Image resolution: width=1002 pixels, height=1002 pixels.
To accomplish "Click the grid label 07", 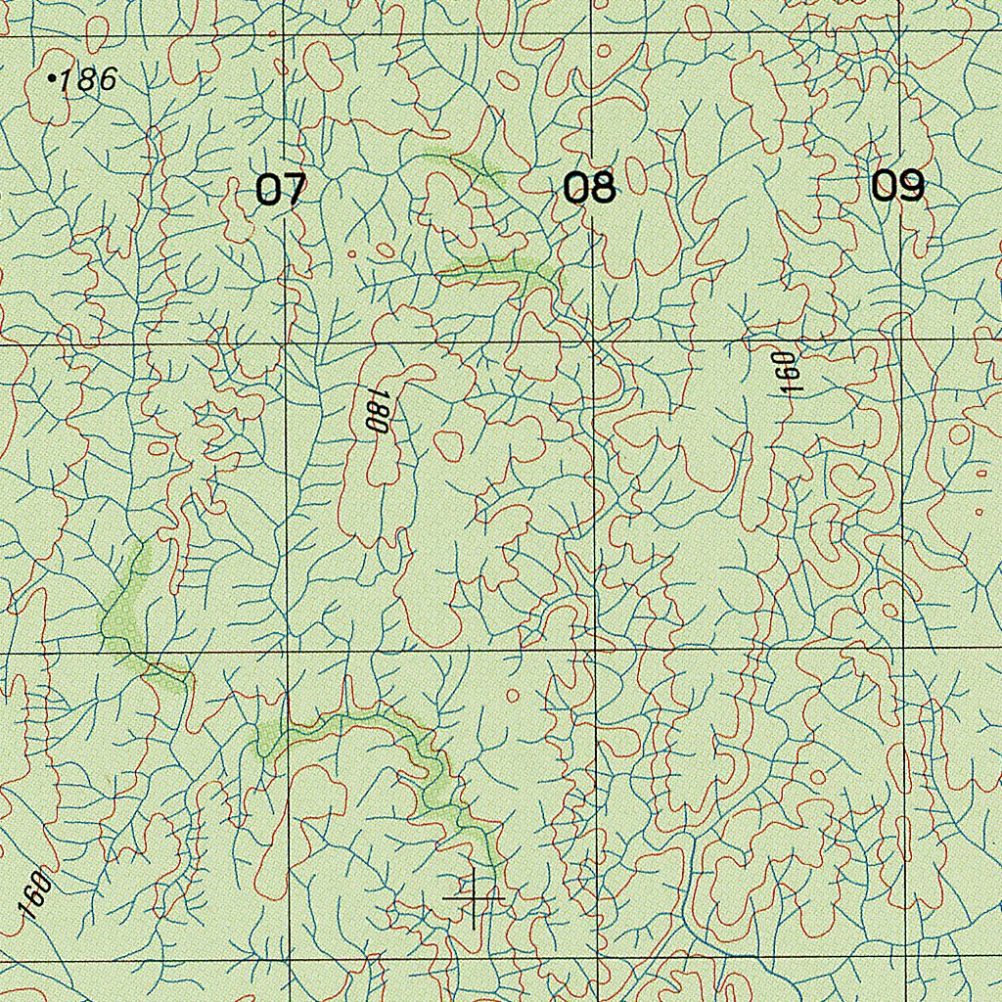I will click(x=281, y=189).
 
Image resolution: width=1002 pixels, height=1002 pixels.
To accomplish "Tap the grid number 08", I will click(x=590, y=187).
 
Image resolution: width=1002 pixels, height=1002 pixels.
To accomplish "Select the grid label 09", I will click(x=897, y=185).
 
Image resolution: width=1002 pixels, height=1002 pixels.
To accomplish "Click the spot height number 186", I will click(x=88, y=79).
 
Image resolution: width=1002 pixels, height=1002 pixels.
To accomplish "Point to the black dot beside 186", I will click(x=52, y=77).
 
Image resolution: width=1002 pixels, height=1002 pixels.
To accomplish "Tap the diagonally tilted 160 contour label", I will click(x=33, y=893).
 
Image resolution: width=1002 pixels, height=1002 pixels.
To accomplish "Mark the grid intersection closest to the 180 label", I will click(x=286, y=345).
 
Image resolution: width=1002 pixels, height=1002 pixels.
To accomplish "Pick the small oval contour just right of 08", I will click(x=635, y=180).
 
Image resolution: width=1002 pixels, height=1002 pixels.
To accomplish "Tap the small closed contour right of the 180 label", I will click(x=447, y=445).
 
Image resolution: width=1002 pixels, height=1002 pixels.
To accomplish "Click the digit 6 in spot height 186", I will click(x=106, y=79).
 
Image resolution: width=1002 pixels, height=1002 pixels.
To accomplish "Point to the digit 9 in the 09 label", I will click(x=911, y=185).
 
